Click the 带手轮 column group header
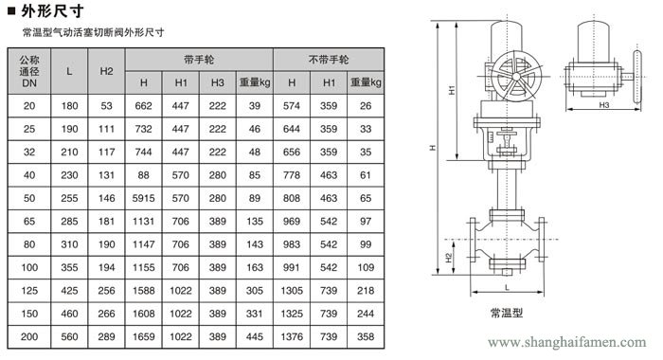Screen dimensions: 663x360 [x=199, y=60]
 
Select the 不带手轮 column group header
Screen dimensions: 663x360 [x=329, y=60]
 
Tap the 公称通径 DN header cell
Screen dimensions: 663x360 [x=29, y=71]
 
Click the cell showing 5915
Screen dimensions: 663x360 [x=143, y=198]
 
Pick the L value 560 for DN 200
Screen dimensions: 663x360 [x=69, y=336]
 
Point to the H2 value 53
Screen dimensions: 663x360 [x=106, y=106]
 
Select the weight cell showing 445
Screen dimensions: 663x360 [x=255, y=336]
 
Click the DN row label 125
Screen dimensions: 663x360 [x=29, y=291]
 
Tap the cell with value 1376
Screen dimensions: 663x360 [x=292, y=336]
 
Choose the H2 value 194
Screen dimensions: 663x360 [x=106, y=267]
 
